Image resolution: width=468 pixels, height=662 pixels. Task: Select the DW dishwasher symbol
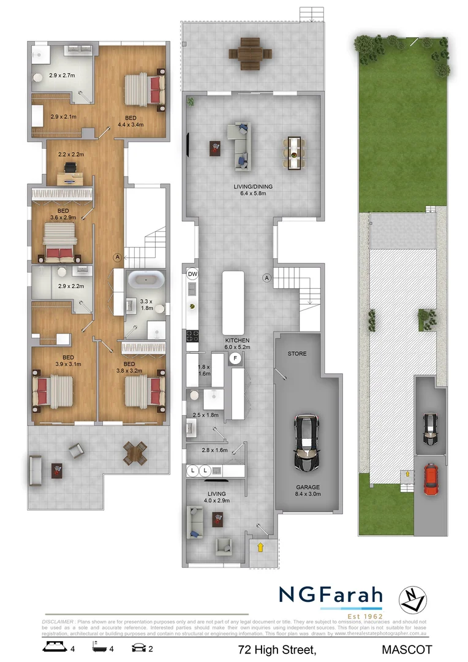coord(192,274)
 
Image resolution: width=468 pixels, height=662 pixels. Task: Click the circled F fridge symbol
coord(234,359)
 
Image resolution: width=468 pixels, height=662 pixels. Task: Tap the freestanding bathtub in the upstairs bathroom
coord(146,281)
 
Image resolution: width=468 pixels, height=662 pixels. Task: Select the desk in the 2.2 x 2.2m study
coord(72,177)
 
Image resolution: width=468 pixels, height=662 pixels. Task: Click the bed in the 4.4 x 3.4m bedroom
coord(145,90)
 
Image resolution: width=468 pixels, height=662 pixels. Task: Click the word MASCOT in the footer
coord(407,649)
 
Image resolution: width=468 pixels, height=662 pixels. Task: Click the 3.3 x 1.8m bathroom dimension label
coord(146,305)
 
